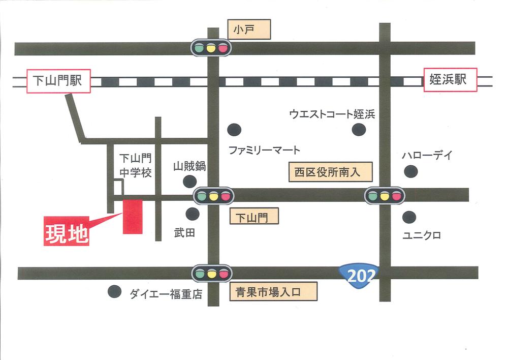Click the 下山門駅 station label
(x=58, y=80)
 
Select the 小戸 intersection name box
(x=249, y=29)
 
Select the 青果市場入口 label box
(x=274, y=292)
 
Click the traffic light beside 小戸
(x=211, y=48)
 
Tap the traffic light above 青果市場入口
(x=211, y=274)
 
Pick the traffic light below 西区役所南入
(x=385, y=195)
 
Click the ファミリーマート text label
(x=264, y=151)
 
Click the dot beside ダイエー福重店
(x=114, y=292)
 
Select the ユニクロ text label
(x=422, y=235)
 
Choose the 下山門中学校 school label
(x=136, y=166)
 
